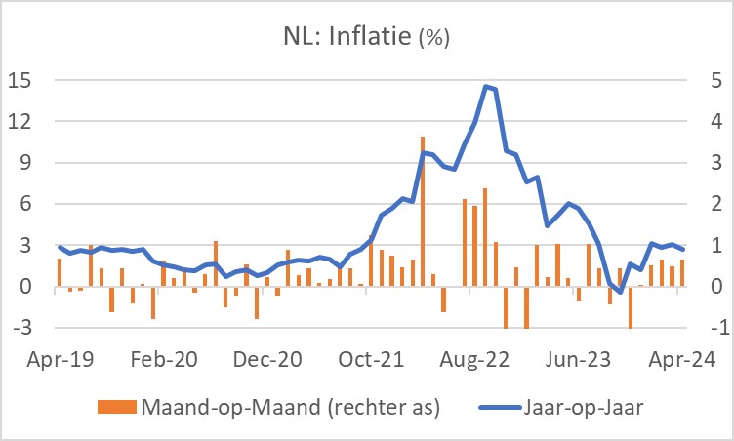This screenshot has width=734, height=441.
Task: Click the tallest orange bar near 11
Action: click(423, 210)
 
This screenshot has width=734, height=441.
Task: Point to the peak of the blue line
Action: click(486, 87)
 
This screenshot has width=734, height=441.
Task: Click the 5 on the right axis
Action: click(715, 80)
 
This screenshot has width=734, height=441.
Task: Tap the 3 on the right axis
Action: click(715, 163)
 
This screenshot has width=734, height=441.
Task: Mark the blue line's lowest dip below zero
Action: click(620, 292)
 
